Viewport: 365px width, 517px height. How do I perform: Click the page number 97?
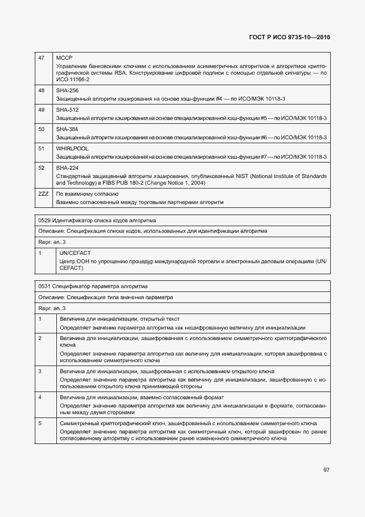326,469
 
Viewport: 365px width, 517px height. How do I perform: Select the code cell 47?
41,58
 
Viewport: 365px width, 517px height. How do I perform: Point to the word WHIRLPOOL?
72,149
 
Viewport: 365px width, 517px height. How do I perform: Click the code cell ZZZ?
43,194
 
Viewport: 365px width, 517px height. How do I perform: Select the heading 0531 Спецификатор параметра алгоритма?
93,286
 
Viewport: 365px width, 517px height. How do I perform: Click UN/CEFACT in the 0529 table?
75,253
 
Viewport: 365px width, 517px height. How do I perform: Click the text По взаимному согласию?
87,194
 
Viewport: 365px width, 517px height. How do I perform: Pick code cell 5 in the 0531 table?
40,423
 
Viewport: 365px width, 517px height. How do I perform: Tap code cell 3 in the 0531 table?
40,371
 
